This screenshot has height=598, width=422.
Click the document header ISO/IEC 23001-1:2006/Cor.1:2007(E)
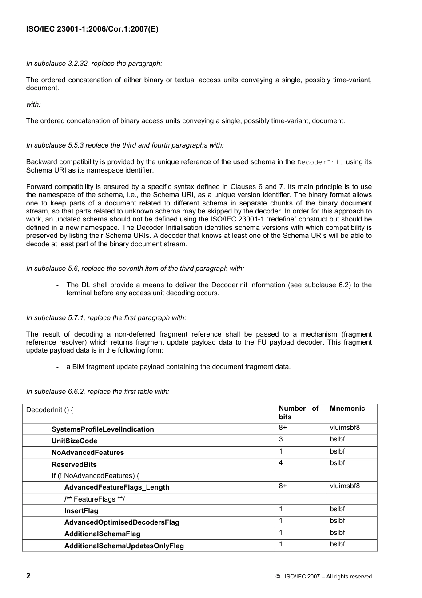tap(92, 29)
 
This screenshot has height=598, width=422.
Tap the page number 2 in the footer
tap(28, 576)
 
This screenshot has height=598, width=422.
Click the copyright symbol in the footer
tap(277, 577)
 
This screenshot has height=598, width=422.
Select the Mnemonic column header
tap(347, 409)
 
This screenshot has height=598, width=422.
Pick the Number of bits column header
tap(299, 413)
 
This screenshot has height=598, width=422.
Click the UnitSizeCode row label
tap(74, 441)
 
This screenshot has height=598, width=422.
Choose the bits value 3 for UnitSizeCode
tap(281, 439)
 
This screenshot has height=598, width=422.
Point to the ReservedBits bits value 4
tap(281, 463)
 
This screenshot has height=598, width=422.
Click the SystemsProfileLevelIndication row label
tap(103, 429)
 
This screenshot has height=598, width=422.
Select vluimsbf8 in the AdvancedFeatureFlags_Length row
tap(345, 486)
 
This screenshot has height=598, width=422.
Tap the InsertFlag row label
tap(81, 511)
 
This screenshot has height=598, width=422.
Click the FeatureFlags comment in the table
tap(94, 499)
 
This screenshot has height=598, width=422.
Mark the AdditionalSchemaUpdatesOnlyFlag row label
tap(124, 546)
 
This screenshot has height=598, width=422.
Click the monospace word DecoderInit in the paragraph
tap(320, 162)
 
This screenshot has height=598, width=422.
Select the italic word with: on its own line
tap(33, 104)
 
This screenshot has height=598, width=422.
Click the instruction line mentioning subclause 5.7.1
tap(106, 318)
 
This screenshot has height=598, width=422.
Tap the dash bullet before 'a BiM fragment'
tap(58, 367)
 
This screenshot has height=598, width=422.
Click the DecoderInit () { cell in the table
tap(50, 410)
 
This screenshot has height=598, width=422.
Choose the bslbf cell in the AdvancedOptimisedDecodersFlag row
tap(337, 521)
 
